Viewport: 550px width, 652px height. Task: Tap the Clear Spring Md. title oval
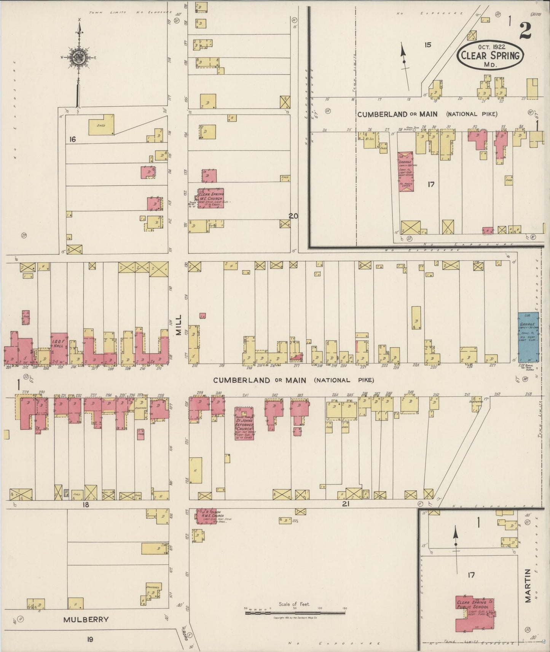(490, 56)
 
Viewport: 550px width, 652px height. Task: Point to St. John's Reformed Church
(245, 424)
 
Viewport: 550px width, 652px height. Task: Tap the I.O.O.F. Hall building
(59, 348)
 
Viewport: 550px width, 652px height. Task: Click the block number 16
(72, 140)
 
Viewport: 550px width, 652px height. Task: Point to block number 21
(346, 504)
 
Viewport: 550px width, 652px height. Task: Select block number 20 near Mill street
(293, 216)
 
